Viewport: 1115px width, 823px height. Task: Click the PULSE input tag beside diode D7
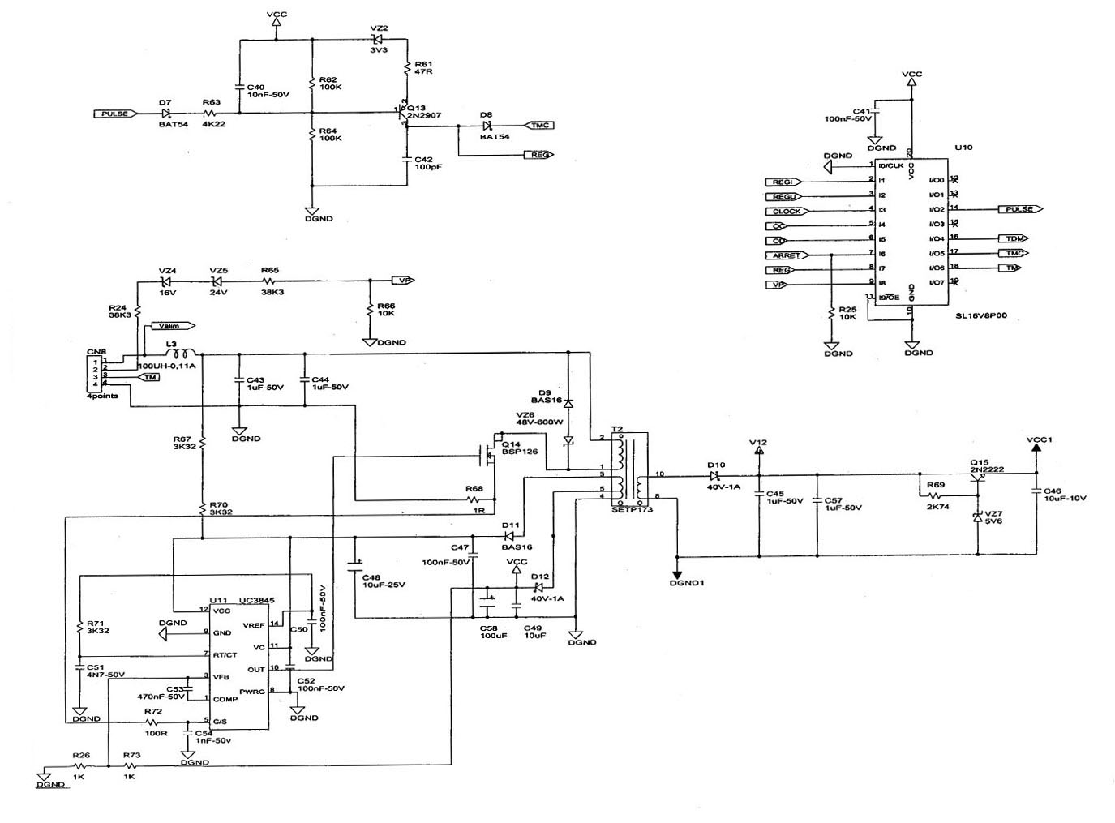pos(114,114)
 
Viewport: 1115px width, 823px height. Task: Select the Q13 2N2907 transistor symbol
pos(403,114)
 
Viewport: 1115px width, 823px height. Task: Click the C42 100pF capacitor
pos(405,159)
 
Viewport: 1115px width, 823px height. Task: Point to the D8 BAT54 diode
pos(487,125)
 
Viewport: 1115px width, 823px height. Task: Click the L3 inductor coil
pos(180,354)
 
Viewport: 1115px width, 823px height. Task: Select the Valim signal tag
pos(174,326)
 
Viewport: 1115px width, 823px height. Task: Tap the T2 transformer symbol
pos(630,468)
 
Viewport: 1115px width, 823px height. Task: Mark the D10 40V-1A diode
pos(715,474)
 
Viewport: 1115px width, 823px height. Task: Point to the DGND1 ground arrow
pos(677,571)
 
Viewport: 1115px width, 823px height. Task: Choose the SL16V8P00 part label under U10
pos(980,316)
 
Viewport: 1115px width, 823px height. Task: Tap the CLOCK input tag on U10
pos(786,211)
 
